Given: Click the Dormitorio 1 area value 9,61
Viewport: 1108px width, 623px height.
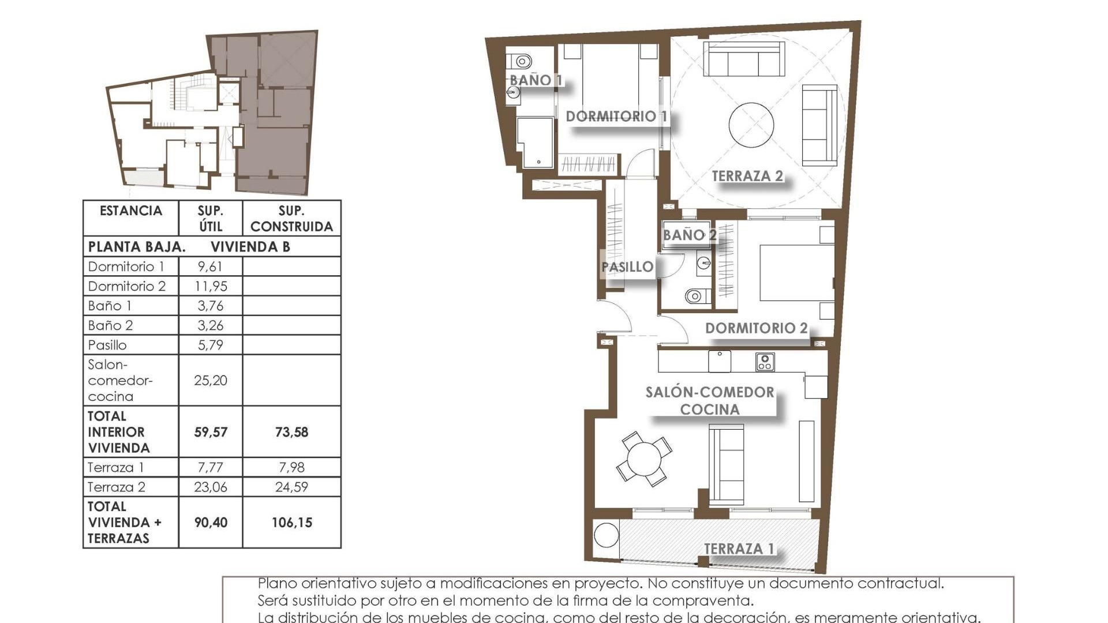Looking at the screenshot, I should pyautogui.click(x=210, y=267).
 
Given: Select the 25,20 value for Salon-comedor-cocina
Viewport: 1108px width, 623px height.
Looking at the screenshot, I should pyautogui.click(x=210, y=380).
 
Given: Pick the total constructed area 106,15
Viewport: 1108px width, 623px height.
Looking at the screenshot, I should pyautogui.click(x=291, y=523).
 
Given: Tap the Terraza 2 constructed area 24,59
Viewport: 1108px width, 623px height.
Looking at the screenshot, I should pyautogui.click(x=291, y=487).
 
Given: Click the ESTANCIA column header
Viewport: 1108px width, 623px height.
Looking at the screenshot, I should pyautogui.click(x=131, y=211).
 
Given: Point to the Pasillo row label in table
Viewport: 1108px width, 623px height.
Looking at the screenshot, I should pyautogui.click(x=107, y=345).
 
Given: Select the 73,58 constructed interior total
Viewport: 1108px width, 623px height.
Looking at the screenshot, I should pyautogui.click(x=291, y=432).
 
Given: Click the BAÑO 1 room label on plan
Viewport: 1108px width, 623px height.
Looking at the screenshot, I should pyautogui.click(x=536, y=80).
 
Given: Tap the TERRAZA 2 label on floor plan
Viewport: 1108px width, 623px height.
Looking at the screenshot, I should pyautogui.click(x=747, y=176).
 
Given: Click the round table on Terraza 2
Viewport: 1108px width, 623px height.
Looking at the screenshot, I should pyautogui.click(x=751, y=125).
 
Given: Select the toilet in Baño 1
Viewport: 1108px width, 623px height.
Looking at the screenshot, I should pyautogui.click(x=521, y=61).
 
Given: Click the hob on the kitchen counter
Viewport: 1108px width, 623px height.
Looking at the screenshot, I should pyautogui.click(x=765, y=362).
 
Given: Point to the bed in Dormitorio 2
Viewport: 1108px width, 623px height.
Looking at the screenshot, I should pyautogui.click(x=796, y=272).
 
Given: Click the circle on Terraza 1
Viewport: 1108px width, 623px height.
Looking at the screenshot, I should pyautogui.click(x=607, y=535).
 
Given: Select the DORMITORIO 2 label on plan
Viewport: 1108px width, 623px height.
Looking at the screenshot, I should pyautogui.click(x=756, y=328).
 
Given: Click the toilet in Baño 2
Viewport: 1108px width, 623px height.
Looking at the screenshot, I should pyautogui.click(x=695, y=297).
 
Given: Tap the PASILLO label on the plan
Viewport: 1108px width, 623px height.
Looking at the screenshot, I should pyautogui.click(x=627, y=267).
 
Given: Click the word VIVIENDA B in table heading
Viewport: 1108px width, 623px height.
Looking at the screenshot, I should pyautogui.click(x=250, y=247).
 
